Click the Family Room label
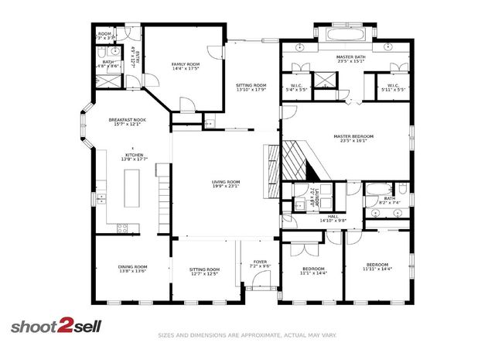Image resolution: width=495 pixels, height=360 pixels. (x=185, y=64)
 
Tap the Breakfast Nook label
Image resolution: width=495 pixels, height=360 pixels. (x=127, y=120)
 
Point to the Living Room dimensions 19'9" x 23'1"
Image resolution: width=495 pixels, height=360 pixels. (x=226, y=187)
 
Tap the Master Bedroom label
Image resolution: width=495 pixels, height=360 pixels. (x=353, y=136)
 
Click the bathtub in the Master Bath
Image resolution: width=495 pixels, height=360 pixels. (x=345, y=36)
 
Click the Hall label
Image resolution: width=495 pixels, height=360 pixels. (x=333, y=216)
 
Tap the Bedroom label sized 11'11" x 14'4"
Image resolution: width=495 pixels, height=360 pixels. (x=378, y=265)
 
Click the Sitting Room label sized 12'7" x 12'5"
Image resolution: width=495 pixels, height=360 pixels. (x=204, y=269)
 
